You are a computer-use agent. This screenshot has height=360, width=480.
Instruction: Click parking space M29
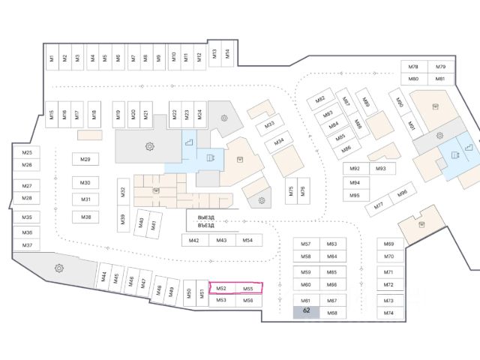click(85, 159)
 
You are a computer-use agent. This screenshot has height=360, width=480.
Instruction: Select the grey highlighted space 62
click(306, 311)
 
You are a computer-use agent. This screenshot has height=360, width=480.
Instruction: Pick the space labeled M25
click(27, 152)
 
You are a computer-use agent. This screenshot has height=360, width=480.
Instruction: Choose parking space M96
click(401, 194)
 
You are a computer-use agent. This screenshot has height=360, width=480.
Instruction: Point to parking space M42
click(193, 240)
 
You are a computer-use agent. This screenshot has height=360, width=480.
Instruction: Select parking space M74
click(388, 312)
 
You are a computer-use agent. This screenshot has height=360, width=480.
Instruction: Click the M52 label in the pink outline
click(220, 288)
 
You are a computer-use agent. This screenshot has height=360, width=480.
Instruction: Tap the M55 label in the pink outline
click(248, 288)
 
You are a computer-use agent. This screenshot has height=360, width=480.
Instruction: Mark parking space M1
click(52, 58)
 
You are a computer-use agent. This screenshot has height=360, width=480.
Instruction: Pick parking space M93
click(380, 169)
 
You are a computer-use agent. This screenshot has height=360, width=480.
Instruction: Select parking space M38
click(85, 217)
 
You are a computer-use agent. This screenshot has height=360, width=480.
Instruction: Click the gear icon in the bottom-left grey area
click(57, 268)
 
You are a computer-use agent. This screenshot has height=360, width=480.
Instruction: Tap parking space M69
click(388, 244)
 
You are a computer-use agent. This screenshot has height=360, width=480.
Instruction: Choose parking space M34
click(278, 140)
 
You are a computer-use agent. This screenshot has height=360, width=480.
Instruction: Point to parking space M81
click(440, 79)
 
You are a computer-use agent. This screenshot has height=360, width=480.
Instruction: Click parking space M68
click(331, 312)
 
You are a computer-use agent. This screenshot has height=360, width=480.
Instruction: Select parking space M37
click(27, 246)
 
